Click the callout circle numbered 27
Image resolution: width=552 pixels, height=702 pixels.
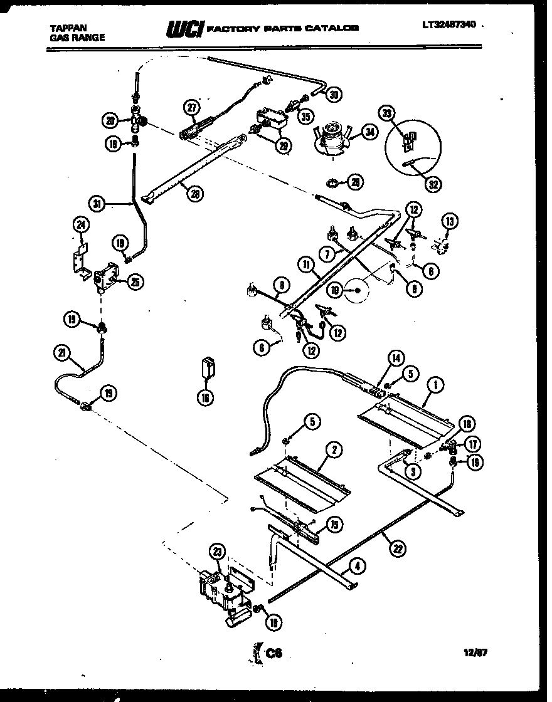(191, 107)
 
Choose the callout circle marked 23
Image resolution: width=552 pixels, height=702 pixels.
(218, 552)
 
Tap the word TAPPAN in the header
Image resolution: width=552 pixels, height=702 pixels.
(68, 28)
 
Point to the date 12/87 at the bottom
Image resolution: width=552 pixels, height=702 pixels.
(475, 652)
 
